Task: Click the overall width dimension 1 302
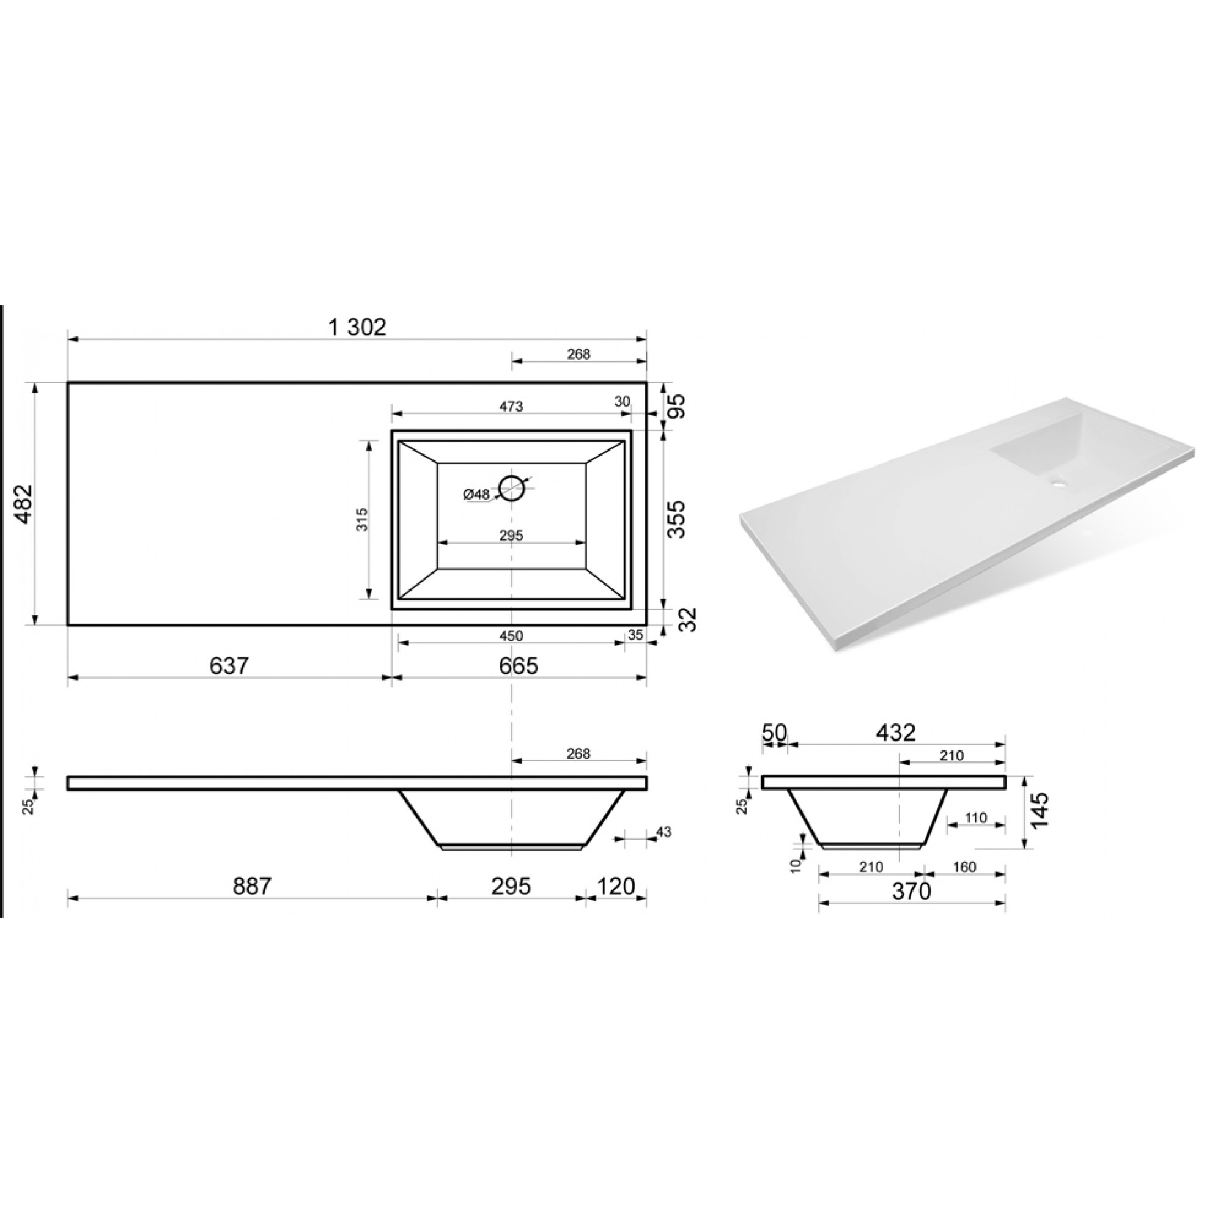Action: [357, 327]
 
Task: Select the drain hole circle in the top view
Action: [511, 488]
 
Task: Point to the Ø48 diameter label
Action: [477, 494]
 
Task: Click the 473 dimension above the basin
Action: [511, 407]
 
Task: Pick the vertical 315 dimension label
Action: [362, 519]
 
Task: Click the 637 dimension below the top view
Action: [229, 665]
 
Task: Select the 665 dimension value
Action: [519, 665]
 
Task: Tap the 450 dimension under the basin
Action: [511, 635]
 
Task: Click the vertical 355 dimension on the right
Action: [677, 519]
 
